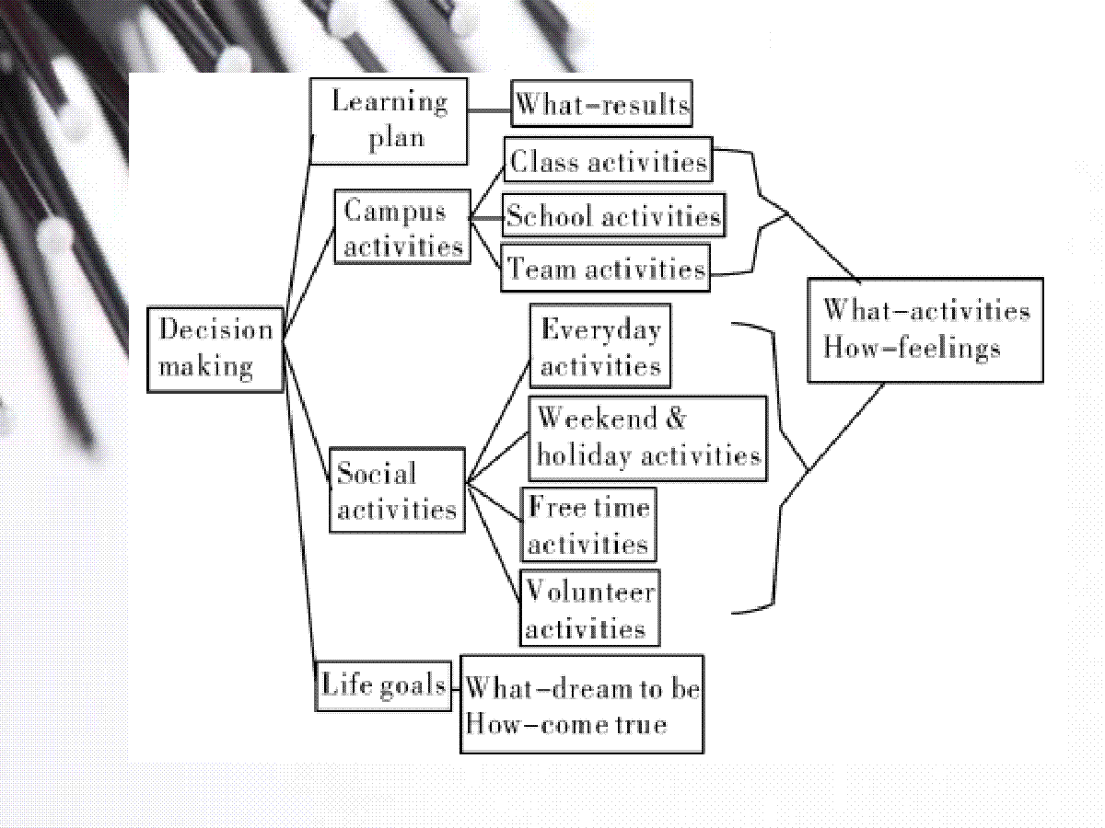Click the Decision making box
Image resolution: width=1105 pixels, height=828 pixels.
click(x=215, y=350)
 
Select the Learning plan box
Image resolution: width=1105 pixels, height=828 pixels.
click(x=389, y=121)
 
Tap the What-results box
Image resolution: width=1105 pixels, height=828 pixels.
click(x=601, y=104)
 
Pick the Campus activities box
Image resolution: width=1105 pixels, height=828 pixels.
click(x=402, y=226)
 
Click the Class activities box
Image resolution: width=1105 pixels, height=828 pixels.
click(x=608, y=159)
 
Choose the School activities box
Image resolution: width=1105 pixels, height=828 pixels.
click(x=613, y=214)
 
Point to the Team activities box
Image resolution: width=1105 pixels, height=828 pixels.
click(x=606, y=268)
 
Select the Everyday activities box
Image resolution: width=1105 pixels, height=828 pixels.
click(x=600, y=346)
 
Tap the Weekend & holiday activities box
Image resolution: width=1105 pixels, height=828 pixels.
click(x=648, y=439)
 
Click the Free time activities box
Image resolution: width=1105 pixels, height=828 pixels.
click(x=588, y=524)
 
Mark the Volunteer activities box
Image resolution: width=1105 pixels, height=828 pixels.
click(x=589, y=608)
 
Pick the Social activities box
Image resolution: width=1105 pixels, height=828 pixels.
click(x=397, y=490)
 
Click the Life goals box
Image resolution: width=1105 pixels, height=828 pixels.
click(x=383, y=685)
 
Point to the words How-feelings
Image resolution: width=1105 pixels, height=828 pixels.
click(x=912, y=349)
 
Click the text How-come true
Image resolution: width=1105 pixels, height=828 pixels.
click(x=566, y=724)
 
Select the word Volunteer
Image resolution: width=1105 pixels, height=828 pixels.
click(x=590, y=592)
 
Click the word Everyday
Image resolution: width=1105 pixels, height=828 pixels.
click(x=601, y=330)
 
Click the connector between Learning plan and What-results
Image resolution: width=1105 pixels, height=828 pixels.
click(x=489, y=110)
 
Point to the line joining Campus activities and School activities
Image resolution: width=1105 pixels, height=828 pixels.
click(x=487, y=218)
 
